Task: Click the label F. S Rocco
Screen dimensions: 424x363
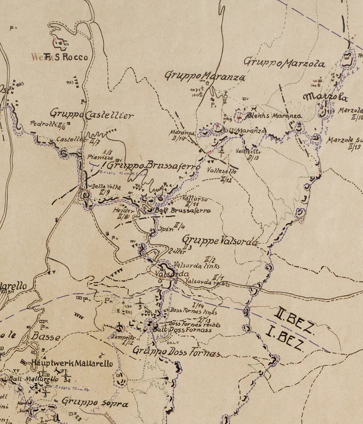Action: (65, 57)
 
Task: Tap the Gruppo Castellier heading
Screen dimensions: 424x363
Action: (92, 114)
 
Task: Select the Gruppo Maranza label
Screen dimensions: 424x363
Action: (205, 76)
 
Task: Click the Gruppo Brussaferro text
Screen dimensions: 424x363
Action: (154, 166)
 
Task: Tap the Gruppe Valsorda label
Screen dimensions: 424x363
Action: (220, 241)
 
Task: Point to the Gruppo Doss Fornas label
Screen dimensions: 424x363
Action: (177, 352)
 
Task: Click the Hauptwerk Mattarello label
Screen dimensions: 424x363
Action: (72, 363)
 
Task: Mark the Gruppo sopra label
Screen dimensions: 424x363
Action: (95, 402)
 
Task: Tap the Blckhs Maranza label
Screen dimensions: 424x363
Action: (274, 116)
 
